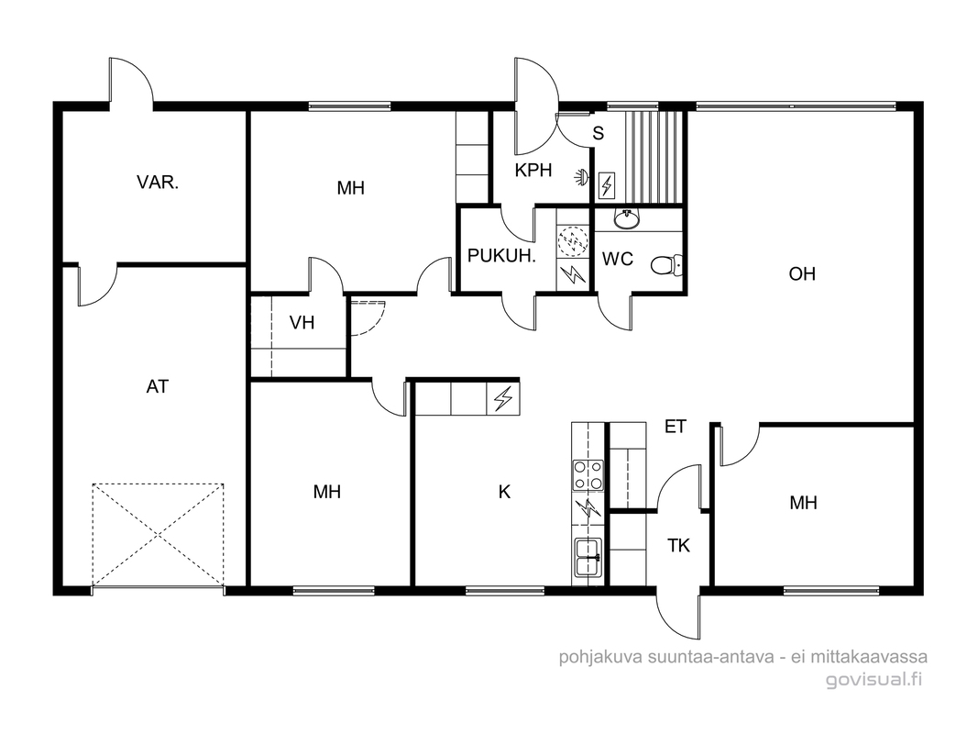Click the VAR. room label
coord(157,183)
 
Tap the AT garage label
coord(157,387)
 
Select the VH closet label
coord(302,323)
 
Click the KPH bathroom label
coord(533,171)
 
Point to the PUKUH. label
coord(501,256)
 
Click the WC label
coord(618,259)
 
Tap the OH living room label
coord(802,274)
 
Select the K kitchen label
coord(505,493)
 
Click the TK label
coord(678,546)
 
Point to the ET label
coord(676,427)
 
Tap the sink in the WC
coord(626,218)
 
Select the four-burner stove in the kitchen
coord(588,475)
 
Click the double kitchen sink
coord(588,557)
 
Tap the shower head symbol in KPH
coord(582,178)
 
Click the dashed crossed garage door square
coord(158,535)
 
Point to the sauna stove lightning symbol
coord(606,184)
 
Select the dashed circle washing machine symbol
coord(573,241)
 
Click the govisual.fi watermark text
coord(874,679)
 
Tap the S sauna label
coord(599,133)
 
